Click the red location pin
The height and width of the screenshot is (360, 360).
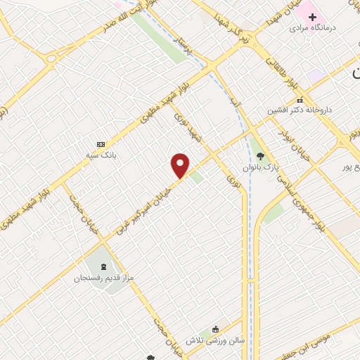point(181,165)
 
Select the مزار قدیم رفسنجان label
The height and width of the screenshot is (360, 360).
point(101,278)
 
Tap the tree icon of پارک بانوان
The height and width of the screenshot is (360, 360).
point(261,156)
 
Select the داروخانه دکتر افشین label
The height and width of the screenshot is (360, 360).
point(298,110)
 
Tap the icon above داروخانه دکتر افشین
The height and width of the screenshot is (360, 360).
point(300,100)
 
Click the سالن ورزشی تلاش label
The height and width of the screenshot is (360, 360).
point(215,340)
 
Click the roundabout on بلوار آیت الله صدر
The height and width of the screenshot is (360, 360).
point(53,58)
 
